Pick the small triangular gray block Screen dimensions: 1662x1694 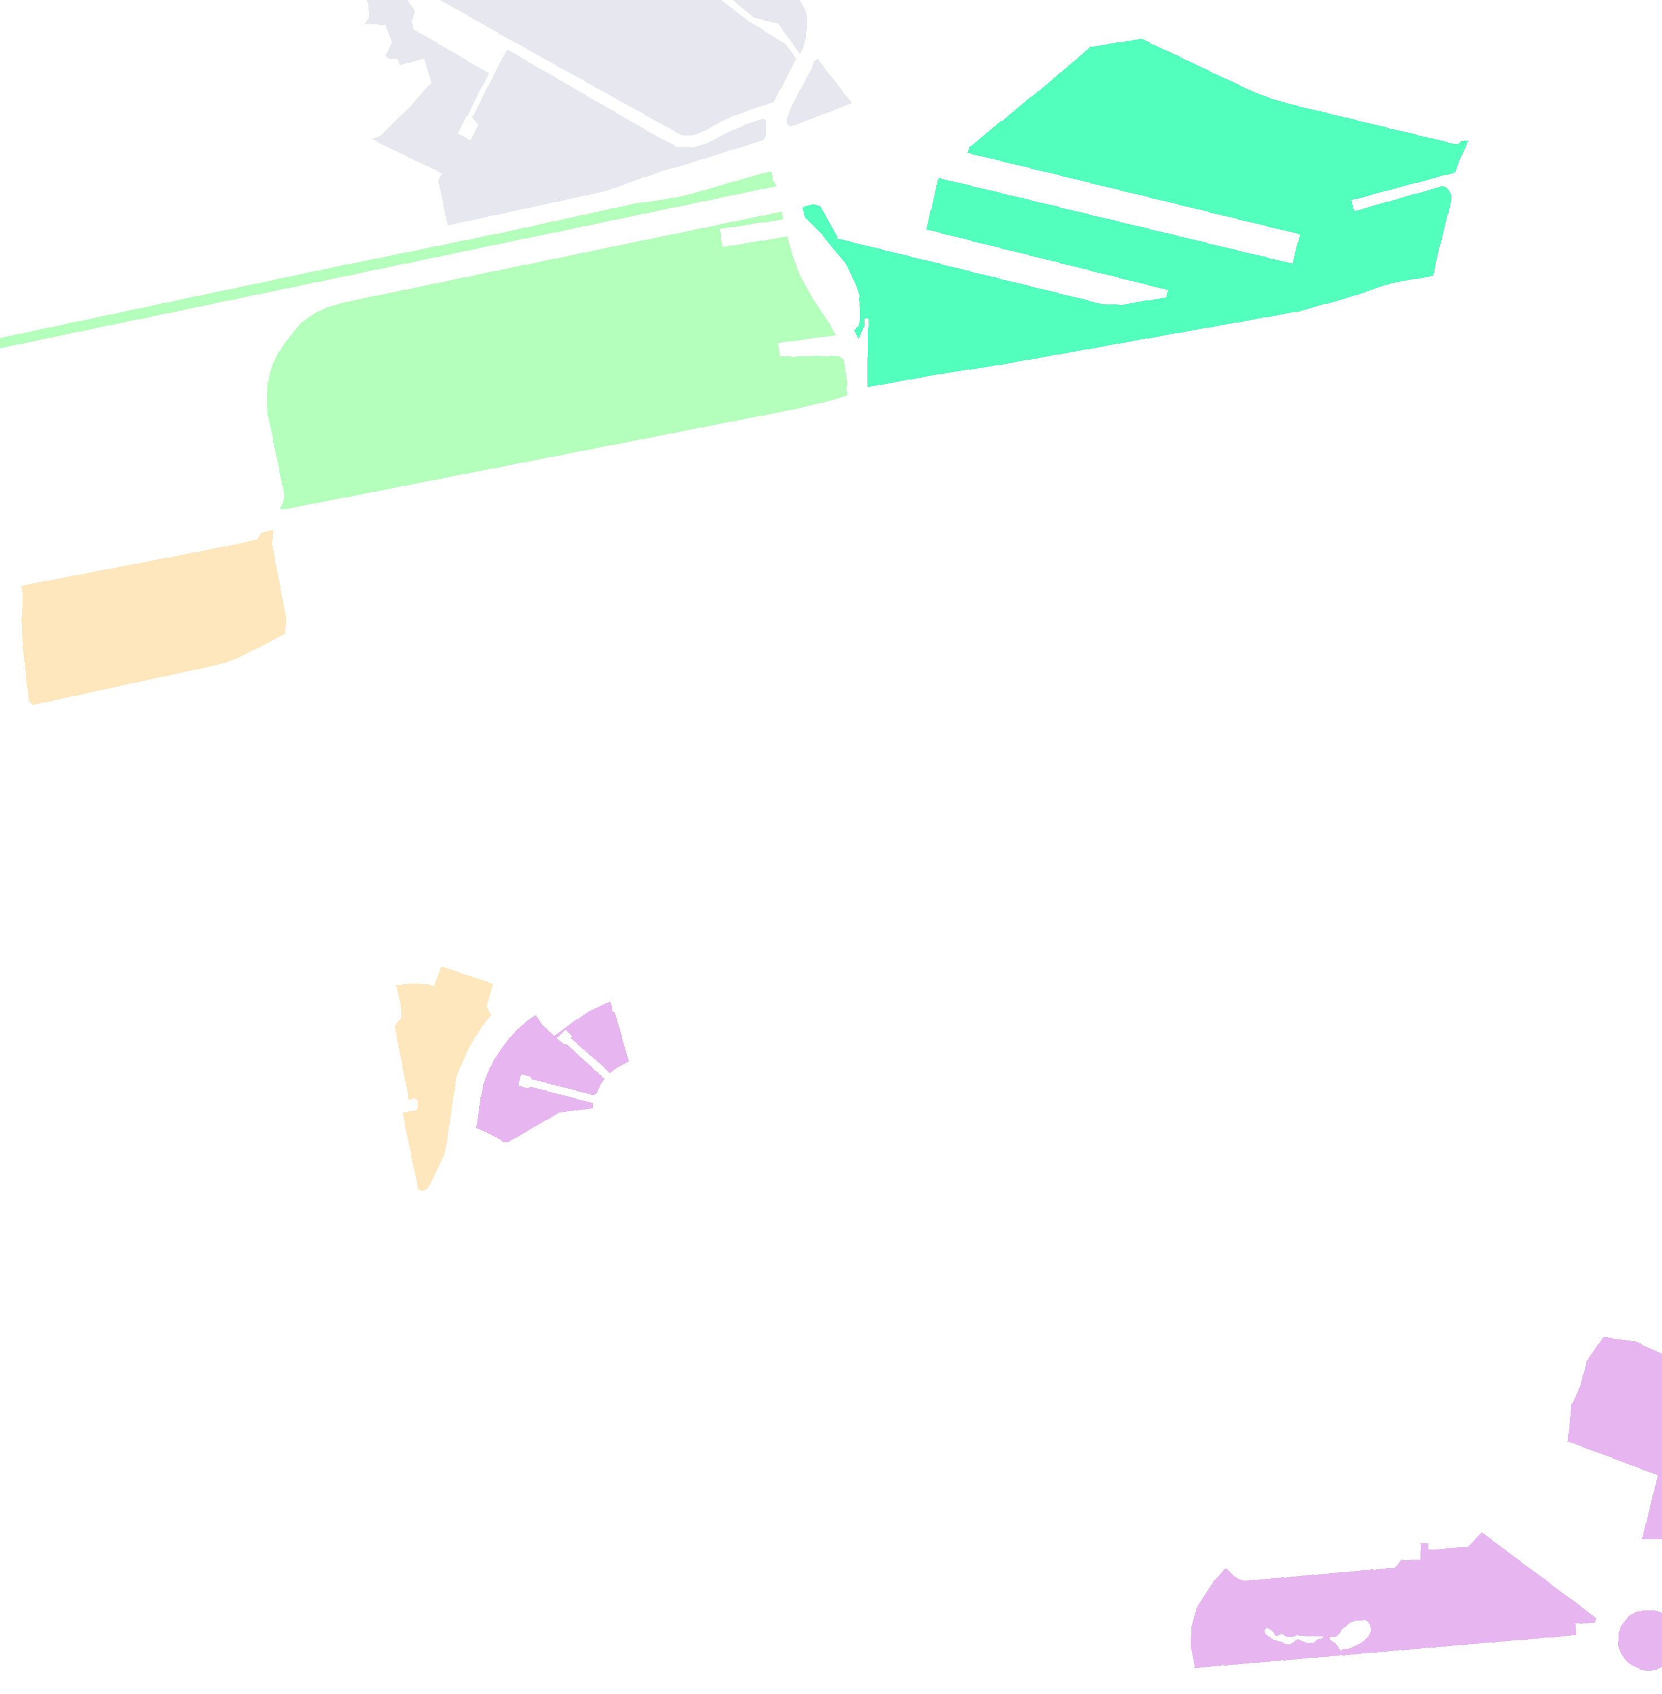(816, 96)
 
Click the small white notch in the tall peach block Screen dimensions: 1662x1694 (412, 1104)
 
